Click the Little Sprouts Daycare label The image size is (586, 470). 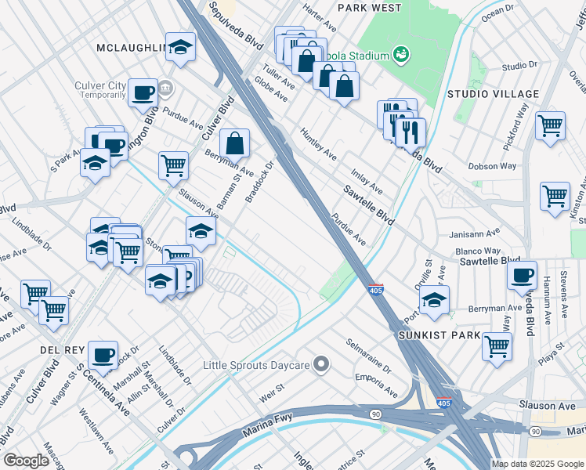(255, 365)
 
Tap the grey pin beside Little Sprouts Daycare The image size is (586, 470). (320, 364)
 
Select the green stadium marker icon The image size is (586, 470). (401, 55)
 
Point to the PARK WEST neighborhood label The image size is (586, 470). (369, 8)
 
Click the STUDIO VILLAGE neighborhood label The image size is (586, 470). (493, 94)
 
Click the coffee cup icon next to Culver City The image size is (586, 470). (143, 92)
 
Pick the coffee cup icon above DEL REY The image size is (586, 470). (103, 355)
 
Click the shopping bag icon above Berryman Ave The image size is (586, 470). (234, 143)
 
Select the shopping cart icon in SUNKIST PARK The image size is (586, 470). (497, 345)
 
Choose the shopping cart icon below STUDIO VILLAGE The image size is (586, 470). (550, 125)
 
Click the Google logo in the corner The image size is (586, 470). (26, 461)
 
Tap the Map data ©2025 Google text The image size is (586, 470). (537, 464)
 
